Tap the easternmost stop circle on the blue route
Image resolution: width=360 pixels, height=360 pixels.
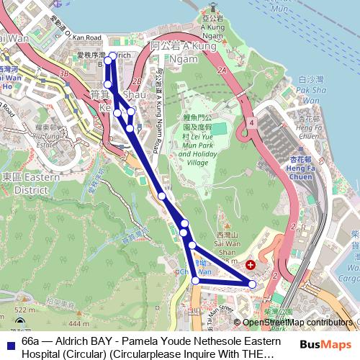(253, 284)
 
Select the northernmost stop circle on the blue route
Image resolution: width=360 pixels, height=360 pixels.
(112, 55)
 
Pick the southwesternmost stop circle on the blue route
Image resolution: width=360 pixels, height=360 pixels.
(195, 281)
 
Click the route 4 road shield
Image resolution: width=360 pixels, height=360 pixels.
(252, 124)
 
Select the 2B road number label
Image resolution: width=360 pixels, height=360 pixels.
(138, 80)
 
